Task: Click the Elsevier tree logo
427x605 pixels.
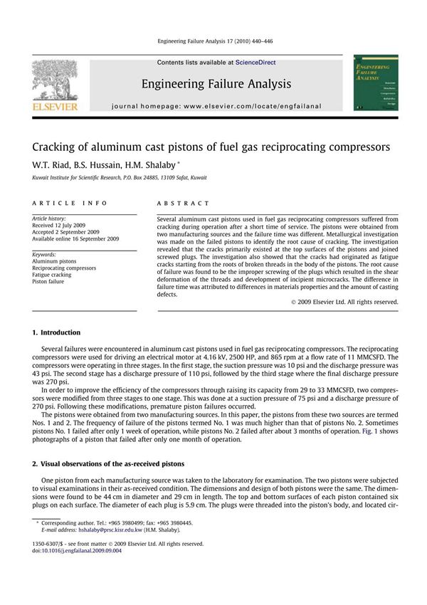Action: point(54,82)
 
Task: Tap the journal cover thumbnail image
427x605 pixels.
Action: point(371,83)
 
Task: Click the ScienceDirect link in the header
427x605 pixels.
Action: point(258,63)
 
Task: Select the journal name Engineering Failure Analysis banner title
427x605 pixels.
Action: point(216,84)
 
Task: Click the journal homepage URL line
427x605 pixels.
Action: point(216,106)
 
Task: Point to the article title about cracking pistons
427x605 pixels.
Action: point(211,147)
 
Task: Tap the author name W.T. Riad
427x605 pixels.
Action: point(51,164)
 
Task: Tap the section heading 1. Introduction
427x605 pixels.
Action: point(56,332)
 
